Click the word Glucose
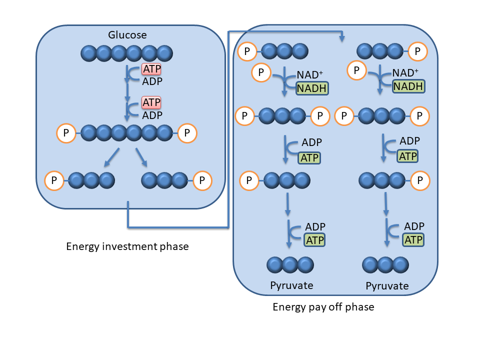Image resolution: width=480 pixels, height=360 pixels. click(x=127, y=35)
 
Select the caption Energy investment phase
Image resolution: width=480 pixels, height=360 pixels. click(x=127, y=246)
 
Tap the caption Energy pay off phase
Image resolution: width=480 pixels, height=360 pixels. click(x=323, y=306)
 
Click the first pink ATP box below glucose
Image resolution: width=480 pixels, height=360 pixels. click(x=152, y=69)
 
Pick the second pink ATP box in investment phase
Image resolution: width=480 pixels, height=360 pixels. click(x=152, y=102)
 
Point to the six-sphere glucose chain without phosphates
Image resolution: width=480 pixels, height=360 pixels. click(x=127, y=52)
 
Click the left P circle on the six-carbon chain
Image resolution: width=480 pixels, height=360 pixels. click(x=66, y=133)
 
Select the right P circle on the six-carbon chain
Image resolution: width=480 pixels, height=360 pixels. click(x=187, y=133)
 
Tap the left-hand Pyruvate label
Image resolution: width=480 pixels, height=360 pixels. click(x=291, y=285)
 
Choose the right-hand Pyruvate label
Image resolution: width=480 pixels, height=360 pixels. click(x=387, y=286)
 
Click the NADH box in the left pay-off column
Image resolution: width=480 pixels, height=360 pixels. click(x=312, y=88)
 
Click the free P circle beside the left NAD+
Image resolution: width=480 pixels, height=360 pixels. click(x=261, y=73)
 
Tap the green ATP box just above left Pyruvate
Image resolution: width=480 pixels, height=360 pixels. click(x=315, y=239)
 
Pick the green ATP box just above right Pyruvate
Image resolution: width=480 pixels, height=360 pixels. click(x=413, y=239)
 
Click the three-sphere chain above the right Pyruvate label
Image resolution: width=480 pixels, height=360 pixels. click(x=385, y=264)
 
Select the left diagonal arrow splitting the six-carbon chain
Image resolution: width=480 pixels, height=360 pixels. click(x=111, y=157)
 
